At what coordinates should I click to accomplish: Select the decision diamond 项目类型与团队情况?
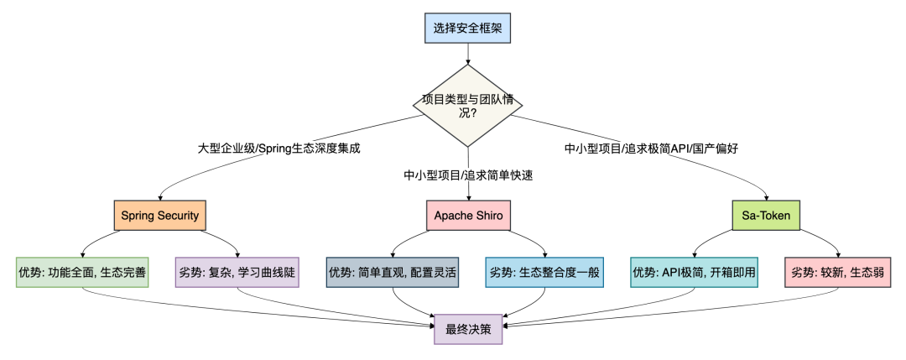[468, 106]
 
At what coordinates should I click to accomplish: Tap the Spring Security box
[160, 216]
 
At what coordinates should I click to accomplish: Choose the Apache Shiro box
[468, 216]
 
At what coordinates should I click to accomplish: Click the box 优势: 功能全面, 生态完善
[82, 272]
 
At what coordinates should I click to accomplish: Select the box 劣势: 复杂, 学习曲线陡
[237, 272]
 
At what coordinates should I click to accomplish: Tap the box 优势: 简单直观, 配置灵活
[393, 272]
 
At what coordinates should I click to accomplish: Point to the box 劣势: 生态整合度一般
[544, 272]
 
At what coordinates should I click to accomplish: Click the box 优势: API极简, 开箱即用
[695, 272]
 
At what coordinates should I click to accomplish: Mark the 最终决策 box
[468, 328]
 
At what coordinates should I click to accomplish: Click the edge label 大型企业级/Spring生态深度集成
[279, 149]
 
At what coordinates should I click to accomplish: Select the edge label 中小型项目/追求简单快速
[468, 175]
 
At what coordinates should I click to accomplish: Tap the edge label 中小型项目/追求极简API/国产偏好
[651, 149]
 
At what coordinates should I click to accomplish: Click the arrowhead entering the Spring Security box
[160, 199]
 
